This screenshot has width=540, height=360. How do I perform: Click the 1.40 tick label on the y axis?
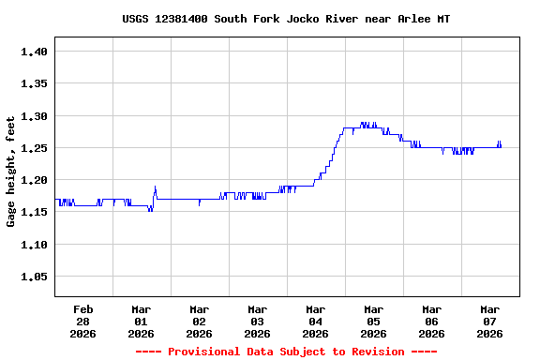click(34, 52)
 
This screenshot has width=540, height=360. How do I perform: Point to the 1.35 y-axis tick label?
click(34, 83)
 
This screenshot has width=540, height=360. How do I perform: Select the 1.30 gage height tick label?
click(34, 116)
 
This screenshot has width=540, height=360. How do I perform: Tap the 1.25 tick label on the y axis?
click(34, 148)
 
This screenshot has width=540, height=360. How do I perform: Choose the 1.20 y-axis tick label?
click(34, 180)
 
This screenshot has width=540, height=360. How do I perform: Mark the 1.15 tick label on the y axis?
click(34, 213)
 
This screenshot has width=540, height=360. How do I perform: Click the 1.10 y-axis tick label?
click(34, 245)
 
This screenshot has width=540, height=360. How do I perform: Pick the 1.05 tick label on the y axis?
click(34, 277)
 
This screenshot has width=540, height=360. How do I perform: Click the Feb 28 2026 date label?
click(83, 321)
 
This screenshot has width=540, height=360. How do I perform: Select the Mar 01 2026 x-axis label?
click(142, 321)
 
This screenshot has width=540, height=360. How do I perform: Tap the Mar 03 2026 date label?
click(257, 321)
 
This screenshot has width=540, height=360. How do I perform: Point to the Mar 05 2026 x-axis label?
click(373, 321)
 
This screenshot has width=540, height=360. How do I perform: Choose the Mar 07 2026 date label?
click(489, 321)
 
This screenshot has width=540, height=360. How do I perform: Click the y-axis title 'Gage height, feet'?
click(11, 172)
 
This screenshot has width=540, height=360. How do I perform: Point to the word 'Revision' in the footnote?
click(377, 352)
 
